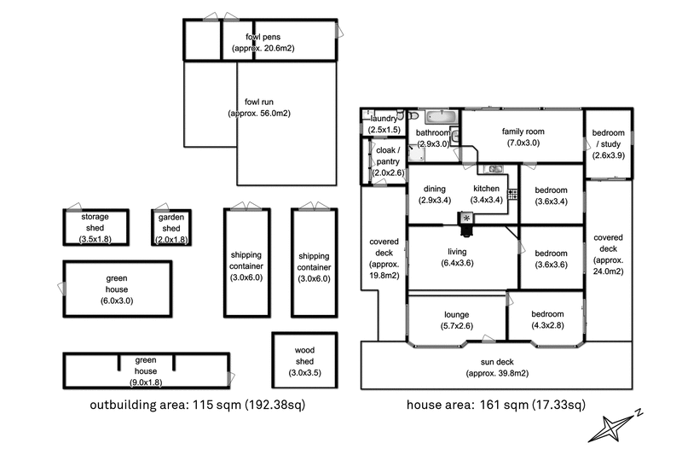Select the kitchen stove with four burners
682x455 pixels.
pyautogui.click(x=512, y=195)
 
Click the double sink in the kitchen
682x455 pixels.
pyautogui.click(x=494, y=169)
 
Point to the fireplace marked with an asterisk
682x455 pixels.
pyautogui.click(x=466, y=219)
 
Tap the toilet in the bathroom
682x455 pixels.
pyautogui.click(x=413, y=115)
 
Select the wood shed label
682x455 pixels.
pyautogui.click(x=304, y=355)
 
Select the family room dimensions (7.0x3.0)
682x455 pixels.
pyautogui.click(x=523, y=143)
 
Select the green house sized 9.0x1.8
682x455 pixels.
pyautogui.click(x=145, y=365)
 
